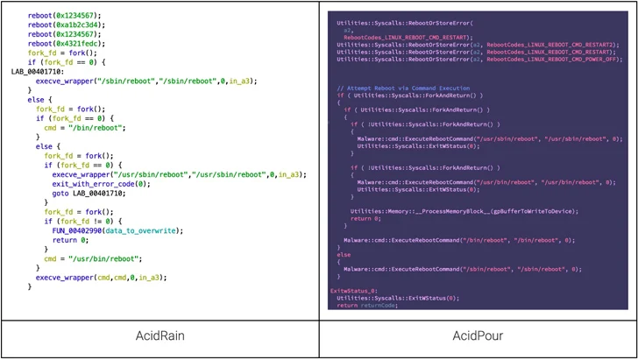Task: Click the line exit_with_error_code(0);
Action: (101, 184)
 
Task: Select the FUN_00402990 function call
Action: (83, 230)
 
